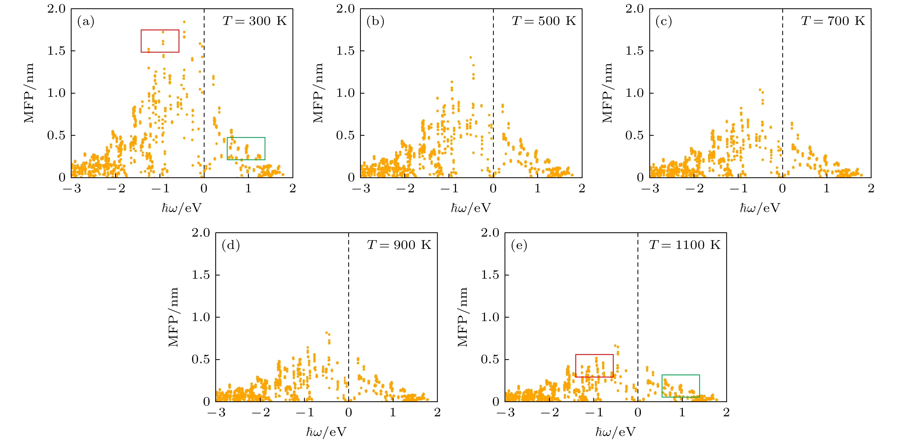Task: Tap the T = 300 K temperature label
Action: point(255,21)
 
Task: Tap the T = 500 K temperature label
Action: point(544,21)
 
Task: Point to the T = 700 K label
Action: point(833,21)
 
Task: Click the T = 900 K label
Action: point(399,245)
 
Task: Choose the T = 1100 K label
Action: point(685,245)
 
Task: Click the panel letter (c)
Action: point(664,22)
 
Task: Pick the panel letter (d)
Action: point(231,245)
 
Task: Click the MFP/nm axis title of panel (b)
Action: point(318,93)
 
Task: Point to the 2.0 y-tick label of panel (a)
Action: point(56,9)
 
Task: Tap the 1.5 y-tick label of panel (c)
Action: point(635,51)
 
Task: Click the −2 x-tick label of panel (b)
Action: point(405,189)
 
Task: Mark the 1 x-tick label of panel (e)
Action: point(682,413)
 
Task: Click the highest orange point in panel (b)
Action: point(470,57)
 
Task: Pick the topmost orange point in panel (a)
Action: point(184,22)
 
